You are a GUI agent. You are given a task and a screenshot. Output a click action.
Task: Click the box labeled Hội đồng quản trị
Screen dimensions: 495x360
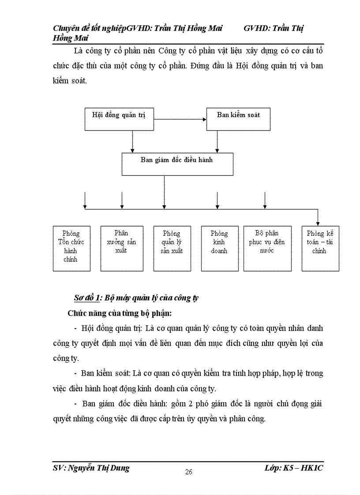pos(119,119)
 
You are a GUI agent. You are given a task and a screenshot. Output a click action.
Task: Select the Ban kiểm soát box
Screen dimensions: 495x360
pos(238,119)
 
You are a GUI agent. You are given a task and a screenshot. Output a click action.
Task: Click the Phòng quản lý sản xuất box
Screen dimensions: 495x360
pos(172,248)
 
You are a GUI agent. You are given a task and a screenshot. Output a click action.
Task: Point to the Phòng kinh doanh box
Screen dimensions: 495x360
pos(219,248)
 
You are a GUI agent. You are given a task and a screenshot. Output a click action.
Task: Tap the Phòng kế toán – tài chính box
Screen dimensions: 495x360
pos(320,248)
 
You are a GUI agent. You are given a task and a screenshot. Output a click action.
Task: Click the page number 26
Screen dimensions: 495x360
pos(189,472)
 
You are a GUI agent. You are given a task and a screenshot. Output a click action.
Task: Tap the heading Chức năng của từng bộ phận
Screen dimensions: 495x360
pos(119,313)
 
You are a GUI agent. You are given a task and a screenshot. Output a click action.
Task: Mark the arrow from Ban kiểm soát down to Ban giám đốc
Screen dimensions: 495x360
pos(217,141)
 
